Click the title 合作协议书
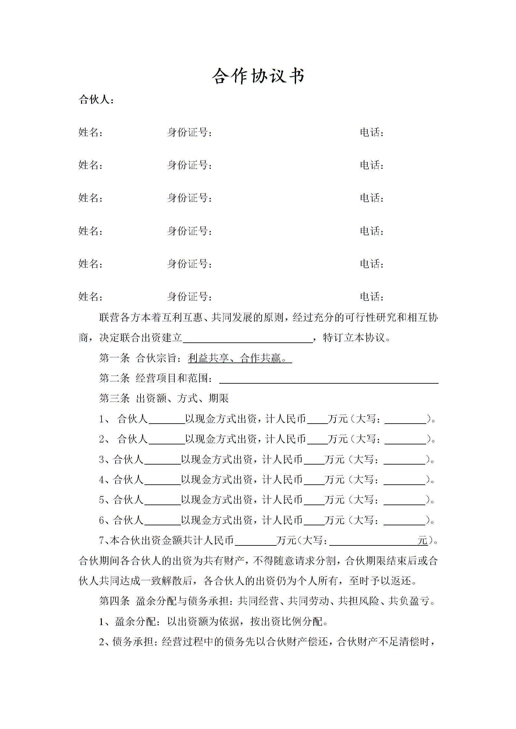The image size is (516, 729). tap(258, 77)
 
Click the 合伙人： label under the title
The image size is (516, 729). tap(96, 100)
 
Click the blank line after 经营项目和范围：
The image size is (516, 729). tap(329, 379)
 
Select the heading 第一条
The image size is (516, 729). tap(114, 358)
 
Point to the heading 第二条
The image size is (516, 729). tap(114, 378)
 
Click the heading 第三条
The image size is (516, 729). tap(114, 399)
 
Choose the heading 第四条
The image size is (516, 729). tap(114, 601)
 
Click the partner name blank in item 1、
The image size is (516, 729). tap(166, 420)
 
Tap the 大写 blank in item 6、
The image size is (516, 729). tap(404, 521)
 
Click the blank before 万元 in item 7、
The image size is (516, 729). tap(255, 542)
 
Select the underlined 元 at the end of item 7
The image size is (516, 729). tap(423, 541)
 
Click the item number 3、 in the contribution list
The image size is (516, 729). tap(105, 460)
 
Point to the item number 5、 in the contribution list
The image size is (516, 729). tap(105, 500)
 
